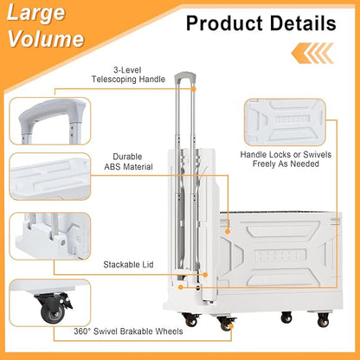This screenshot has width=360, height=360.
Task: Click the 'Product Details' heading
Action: coord(261,23)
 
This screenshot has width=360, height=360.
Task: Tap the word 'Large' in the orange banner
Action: coord(35,12)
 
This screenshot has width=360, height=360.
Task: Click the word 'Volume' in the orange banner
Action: coord(46,39)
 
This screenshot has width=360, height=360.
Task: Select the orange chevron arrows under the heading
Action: coord(312,53)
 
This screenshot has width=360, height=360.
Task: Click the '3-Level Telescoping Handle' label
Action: coord(128,74)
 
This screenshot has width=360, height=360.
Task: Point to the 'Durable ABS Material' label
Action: coord(128,162)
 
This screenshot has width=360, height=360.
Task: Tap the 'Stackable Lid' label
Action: coord(128,265)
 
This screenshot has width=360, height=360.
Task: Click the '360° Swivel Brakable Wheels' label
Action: coord(128,331)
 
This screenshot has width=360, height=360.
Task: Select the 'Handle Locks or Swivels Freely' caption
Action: coord(286,159)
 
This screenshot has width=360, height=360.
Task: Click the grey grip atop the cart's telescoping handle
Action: coord(185,76)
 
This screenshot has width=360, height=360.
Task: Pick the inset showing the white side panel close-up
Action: coord(285,122)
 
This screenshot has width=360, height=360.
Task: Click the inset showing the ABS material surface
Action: coord(50,177)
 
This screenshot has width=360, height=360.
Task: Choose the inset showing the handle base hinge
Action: coord(50,236)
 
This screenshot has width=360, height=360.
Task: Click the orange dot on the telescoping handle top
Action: coord(194,89)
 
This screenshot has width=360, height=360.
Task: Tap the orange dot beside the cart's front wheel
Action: coord(230,326)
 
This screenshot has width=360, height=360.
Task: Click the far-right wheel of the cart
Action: coord(323,319)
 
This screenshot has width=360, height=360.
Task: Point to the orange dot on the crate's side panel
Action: coord(228,231)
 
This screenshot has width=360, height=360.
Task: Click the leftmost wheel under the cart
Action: coord(191,320)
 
